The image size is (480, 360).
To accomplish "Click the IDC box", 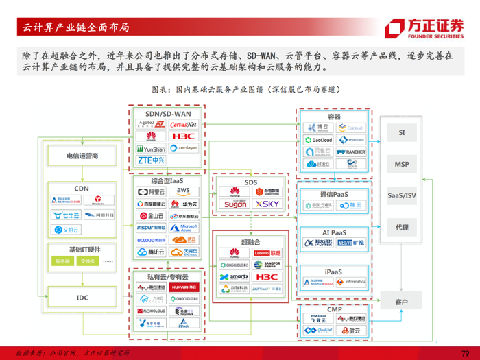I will coord(82,298).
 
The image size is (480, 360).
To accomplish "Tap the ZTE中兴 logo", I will coord(151,160).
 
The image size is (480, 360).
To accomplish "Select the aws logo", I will coord(183,191).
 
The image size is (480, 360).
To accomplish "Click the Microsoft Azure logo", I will coord(183,228).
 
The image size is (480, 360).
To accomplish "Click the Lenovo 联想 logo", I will coord(267,253).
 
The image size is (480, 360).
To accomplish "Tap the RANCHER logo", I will coord(354,152).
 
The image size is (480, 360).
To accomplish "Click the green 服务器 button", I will coord(63,261).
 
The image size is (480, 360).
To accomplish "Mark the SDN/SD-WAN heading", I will coord(167,113).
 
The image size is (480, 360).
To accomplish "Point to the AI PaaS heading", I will coord(334,232).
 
